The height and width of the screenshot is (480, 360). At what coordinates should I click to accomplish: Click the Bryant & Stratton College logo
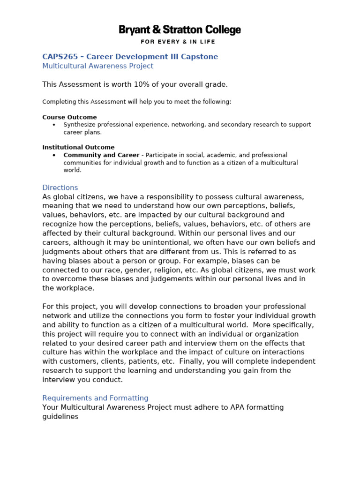[180, 30]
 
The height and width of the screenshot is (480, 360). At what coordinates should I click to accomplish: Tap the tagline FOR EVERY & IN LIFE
[180, 42]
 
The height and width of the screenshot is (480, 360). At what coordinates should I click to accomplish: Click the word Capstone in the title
[201, 57]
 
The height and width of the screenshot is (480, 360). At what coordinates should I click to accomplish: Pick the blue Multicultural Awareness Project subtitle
[97, 66]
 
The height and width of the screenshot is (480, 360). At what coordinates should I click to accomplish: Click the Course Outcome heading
[69, 117]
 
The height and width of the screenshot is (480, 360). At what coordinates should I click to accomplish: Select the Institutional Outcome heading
[78, 147]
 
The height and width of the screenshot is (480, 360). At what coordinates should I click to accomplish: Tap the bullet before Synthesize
[54, 125]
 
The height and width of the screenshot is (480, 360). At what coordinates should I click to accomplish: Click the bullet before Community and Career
[54, 155]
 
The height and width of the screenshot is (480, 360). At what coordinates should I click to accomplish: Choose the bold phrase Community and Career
[101, 155]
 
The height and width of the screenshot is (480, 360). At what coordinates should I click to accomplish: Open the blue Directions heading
[60, 187]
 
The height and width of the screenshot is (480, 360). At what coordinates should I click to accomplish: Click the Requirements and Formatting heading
[95, 398]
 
